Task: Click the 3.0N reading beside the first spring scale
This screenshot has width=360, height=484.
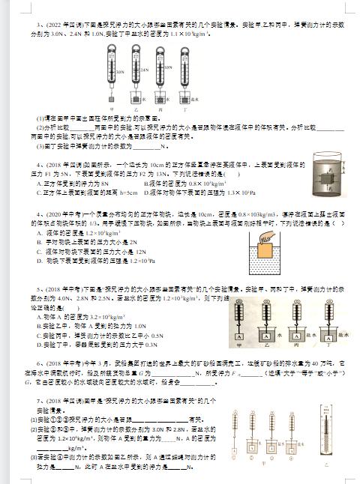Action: [118, 73]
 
